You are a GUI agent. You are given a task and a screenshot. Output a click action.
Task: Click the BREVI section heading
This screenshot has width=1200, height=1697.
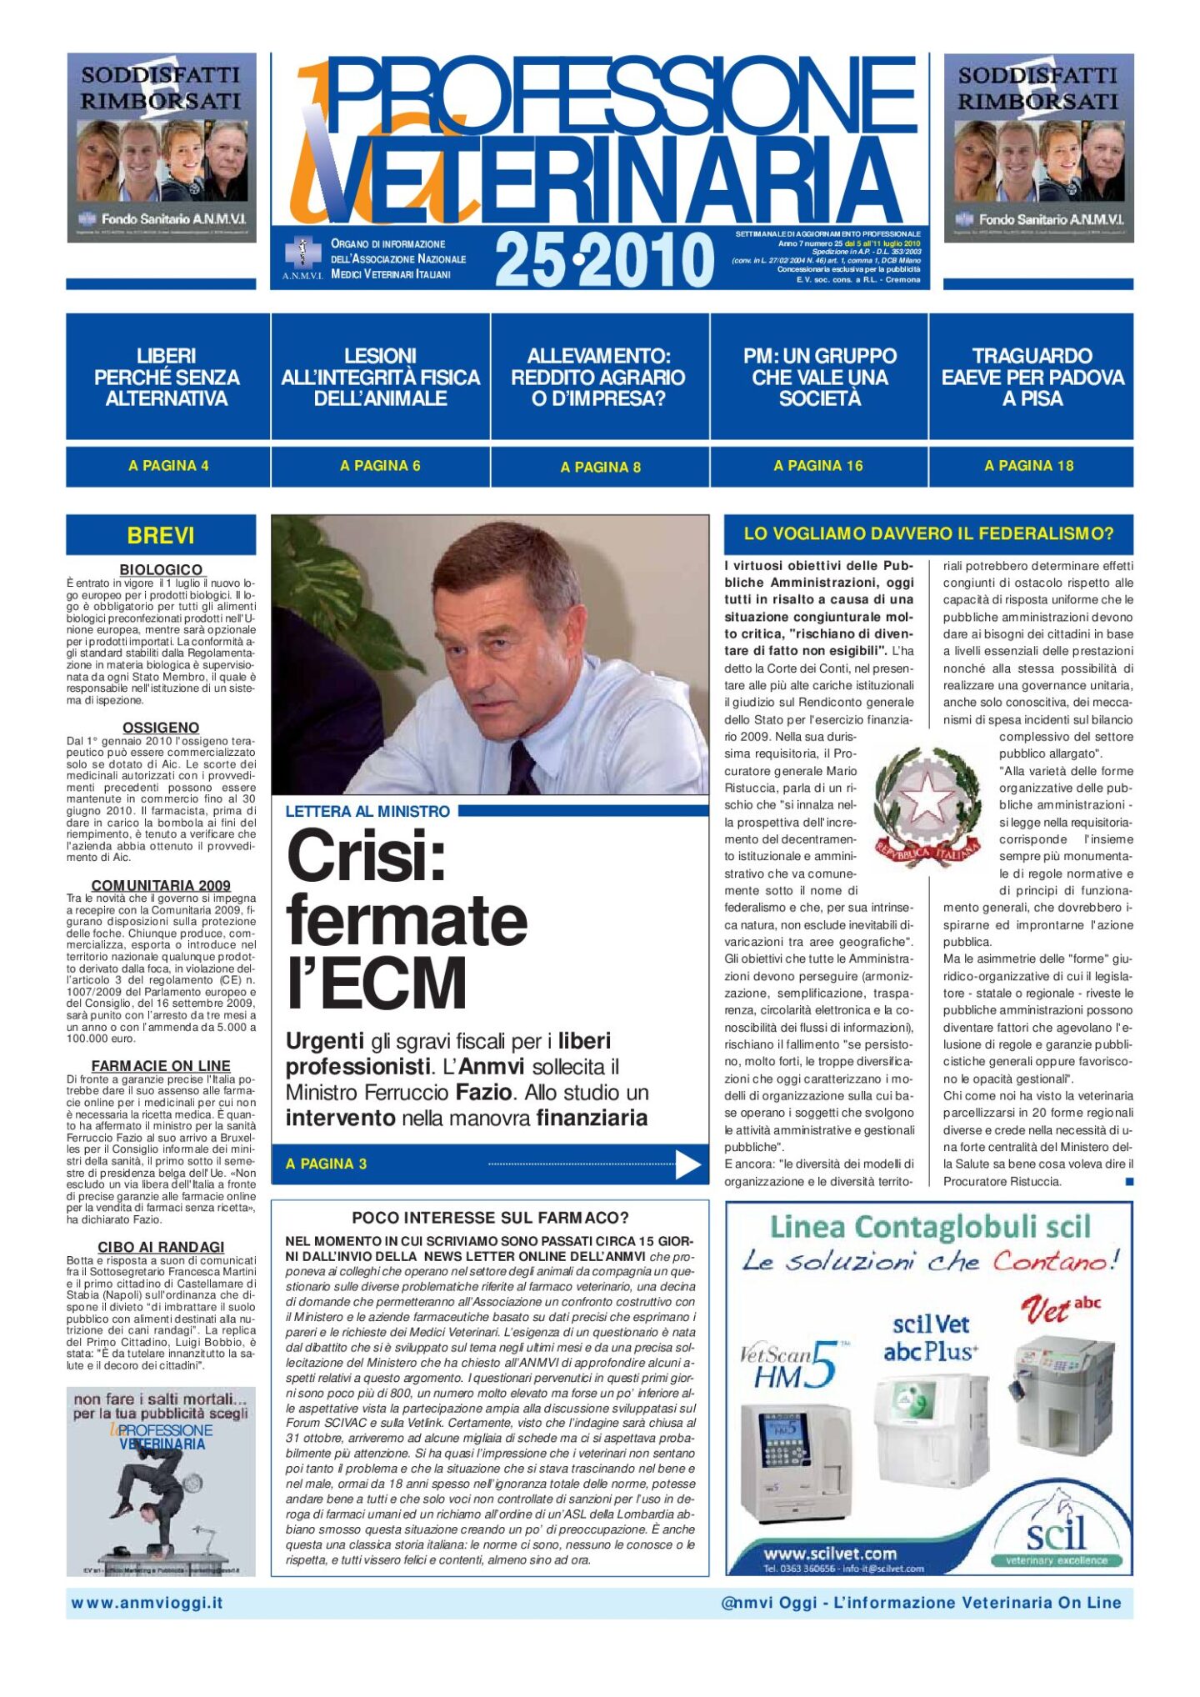coord(161,535)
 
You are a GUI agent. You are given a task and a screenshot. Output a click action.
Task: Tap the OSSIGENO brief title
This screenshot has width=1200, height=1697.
coord(161,728)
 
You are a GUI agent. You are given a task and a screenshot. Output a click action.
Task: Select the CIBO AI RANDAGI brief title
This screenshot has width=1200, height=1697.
coord(161,1246)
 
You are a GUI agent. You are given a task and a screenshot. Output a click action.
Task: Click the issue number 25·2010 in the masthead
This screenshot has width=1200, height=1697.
coord(604,260)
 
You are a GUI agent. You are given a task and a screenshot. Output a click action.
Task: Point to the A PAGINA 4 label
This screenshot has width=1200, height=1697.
coord(168,466)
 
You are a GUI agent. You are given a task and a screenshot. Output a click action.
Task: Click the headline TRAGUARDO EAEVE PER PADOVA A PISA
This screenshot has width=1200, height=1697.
coord(1032,377)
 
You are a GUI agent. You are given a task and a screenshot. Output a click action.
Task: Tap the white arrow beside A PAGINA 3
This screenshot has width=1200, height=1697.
coord(687,1164)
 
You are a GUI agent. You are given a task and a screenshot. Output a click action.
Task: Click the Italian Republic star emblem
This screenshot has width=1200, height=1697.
coord(927,804)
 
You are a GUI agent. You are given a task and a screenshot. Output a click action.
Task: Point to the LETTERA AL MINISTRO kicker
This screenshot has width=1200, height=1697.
coord(367,811)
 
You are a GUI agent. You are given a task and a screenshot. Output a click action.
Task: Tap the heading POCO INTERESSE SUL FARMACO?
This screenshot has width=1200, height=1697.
coord(490,1218)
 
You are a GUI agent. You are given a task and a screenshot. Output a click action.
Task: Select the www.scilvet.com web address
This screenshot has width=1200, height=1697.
coord(830,1553)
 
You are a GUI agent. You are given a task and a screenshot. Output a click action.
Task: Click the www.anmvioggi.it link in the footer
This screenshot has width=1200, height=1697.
coord(147,1602)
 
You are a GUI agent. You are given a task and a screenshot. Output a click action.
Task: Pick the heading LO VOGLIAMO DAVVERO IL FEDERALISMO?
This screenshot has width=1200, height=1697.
coord(928,533)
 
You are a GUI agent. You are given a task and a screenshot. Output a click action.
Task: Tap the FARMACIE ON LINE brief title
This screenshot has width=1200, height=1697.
coord(161,1065)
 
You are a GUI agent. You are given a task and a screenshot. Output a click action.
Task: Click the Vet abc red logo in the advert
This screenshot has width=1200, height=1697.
coord(1060,1308)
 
